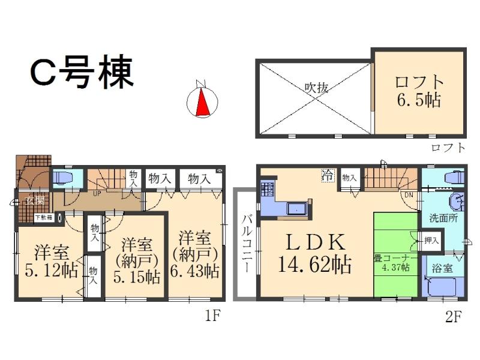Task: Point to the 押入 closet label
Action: point(431,241)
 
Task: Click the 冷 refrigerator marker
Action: point(328,175)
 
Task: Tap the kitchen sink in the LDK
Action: point(297,209)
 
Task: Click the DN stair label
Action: point(408,195)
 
